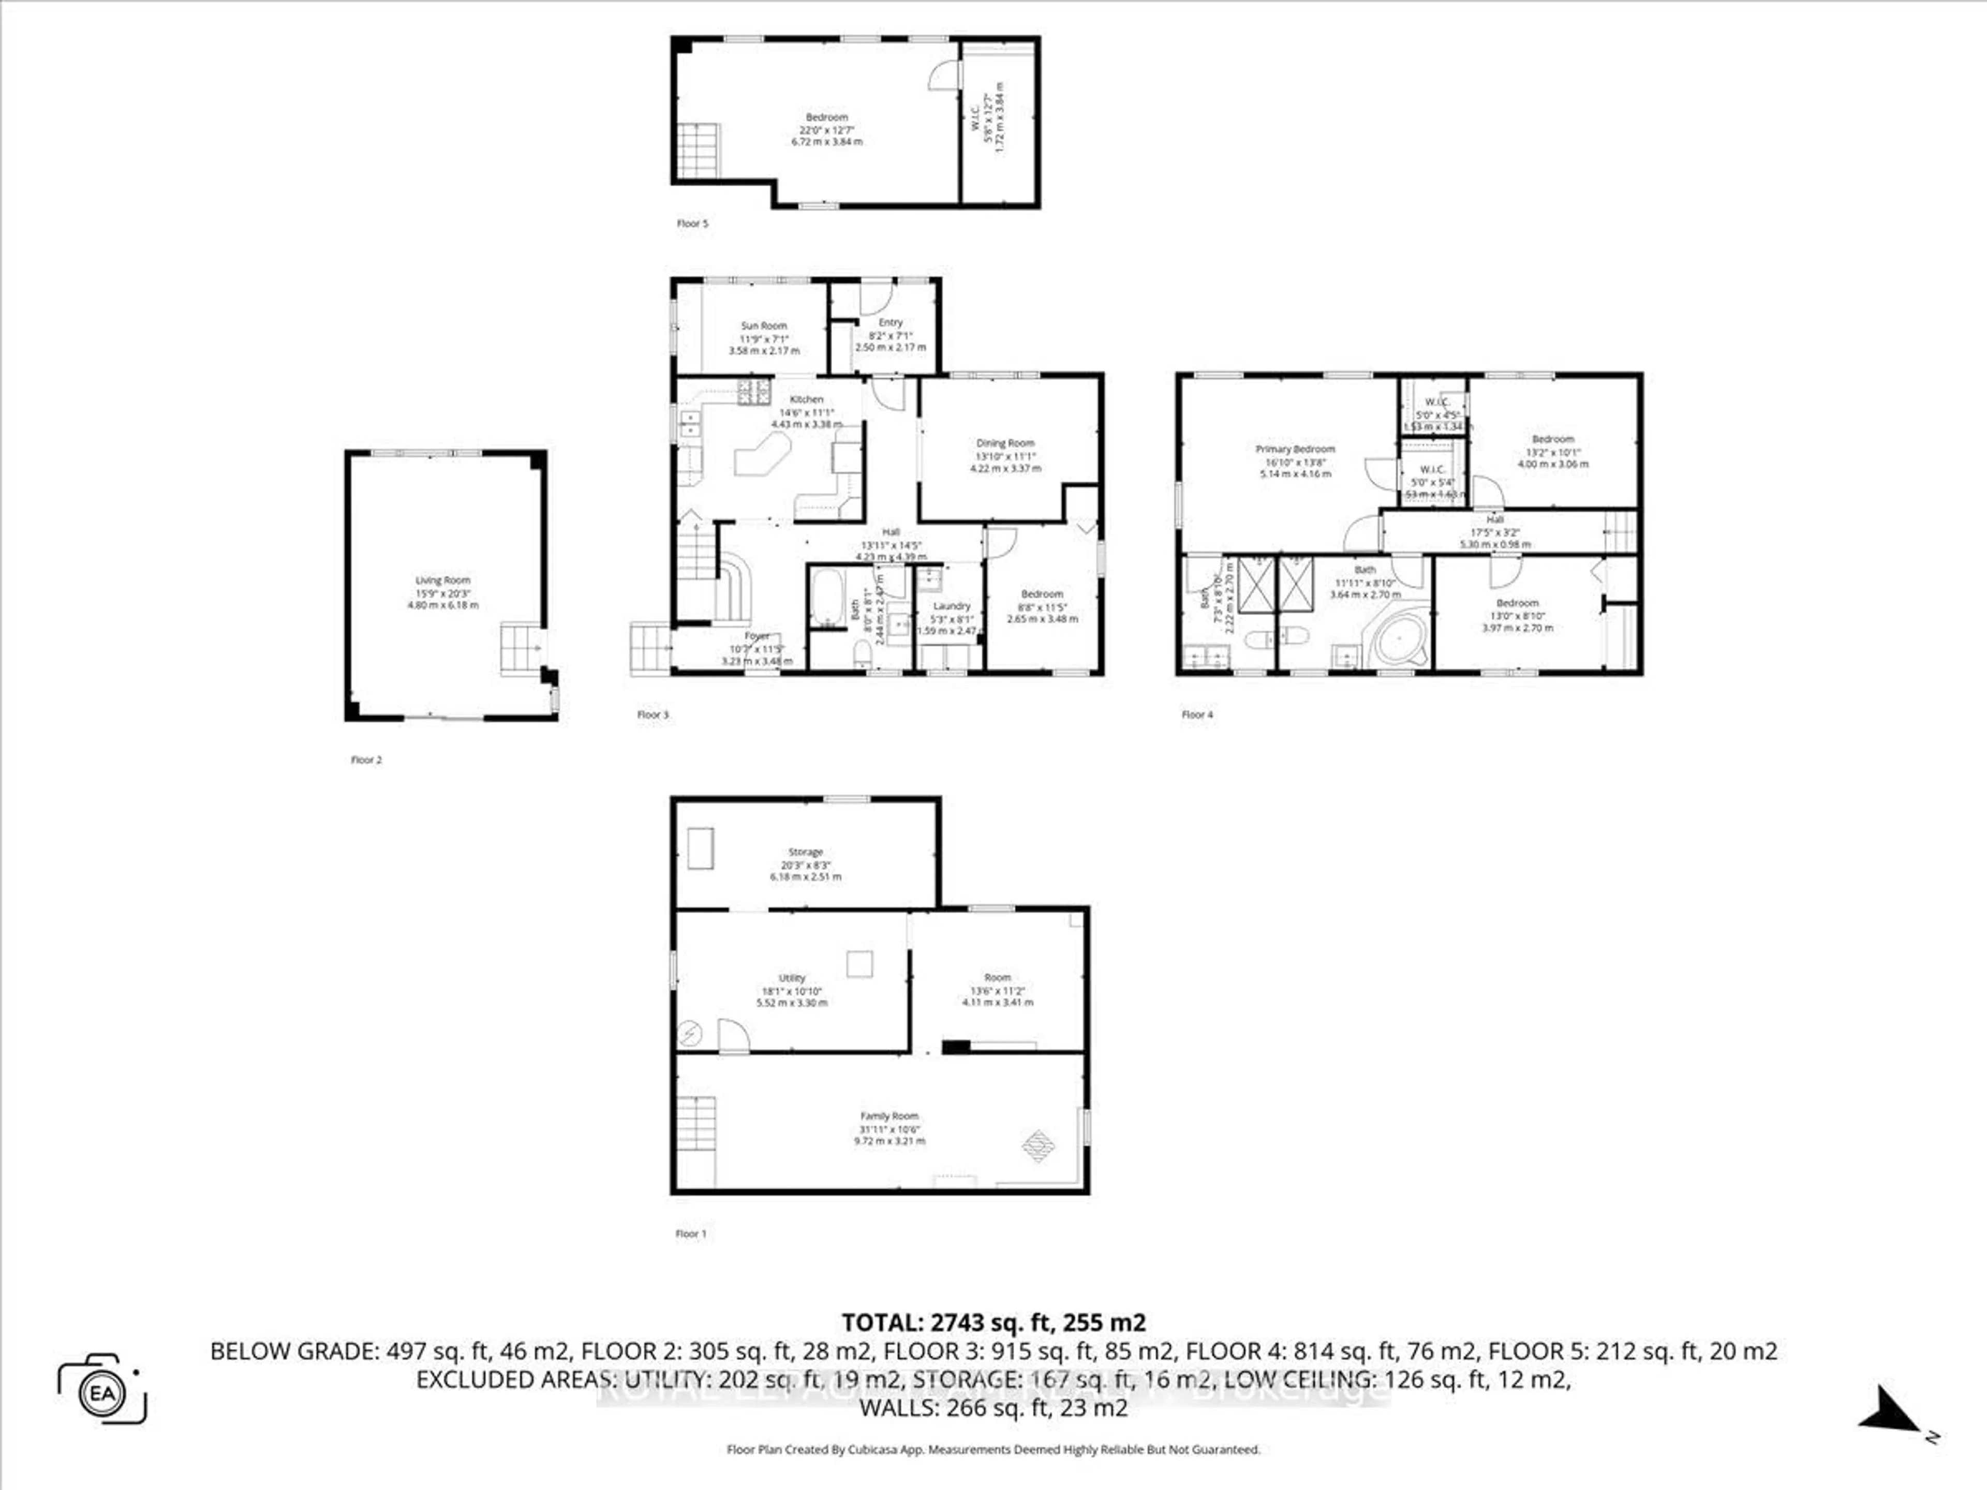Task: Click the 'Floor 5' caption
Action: [x=692, y=224]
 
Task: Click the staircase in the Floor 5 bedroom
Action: [x=698, y=150]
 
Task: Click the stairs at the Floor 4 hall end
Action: [x=1621, y=531]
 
